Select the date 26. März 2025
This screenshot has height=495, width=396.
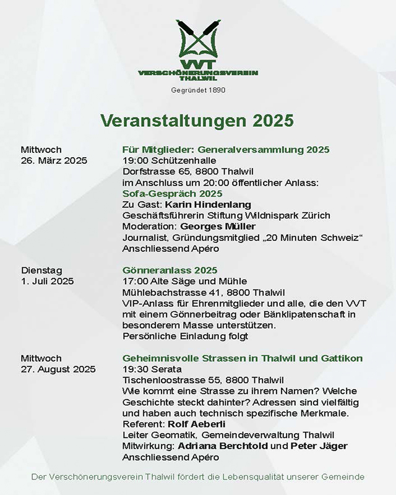54,161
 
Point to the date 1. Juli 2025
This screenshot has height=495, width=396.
47,281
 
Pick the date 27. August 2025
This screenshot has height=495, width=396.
58,369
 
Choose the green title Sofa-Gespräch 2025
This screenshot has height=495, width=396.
164,193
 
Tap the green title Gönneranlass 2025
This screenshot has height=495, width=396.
170,270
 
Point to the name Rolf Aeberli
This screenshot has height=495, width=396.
197,425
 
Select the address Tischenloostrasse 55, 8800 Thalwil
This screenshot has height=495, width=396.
203,381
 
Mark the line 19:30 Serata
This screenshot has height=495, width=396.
149,369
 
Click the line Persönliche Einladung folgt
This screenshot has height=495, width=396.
186,337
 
